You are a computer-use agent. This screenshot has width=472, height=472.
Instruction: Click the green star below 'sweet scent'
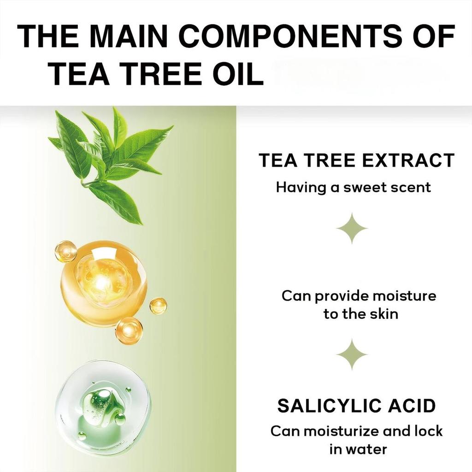click(352, 228)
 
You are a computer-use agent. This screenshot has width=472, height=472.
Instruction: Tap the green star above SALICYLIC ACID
click(352, 354)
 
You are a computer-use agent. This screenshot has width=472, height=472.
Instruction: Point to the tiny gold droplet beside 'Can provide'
click(158, 306)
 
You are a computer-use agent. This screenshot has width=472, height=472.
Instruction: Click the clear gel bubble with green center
click(102, 407)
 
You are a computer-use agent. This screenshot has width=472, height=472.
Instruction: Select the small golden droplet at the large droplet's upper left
click(65, 252)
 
